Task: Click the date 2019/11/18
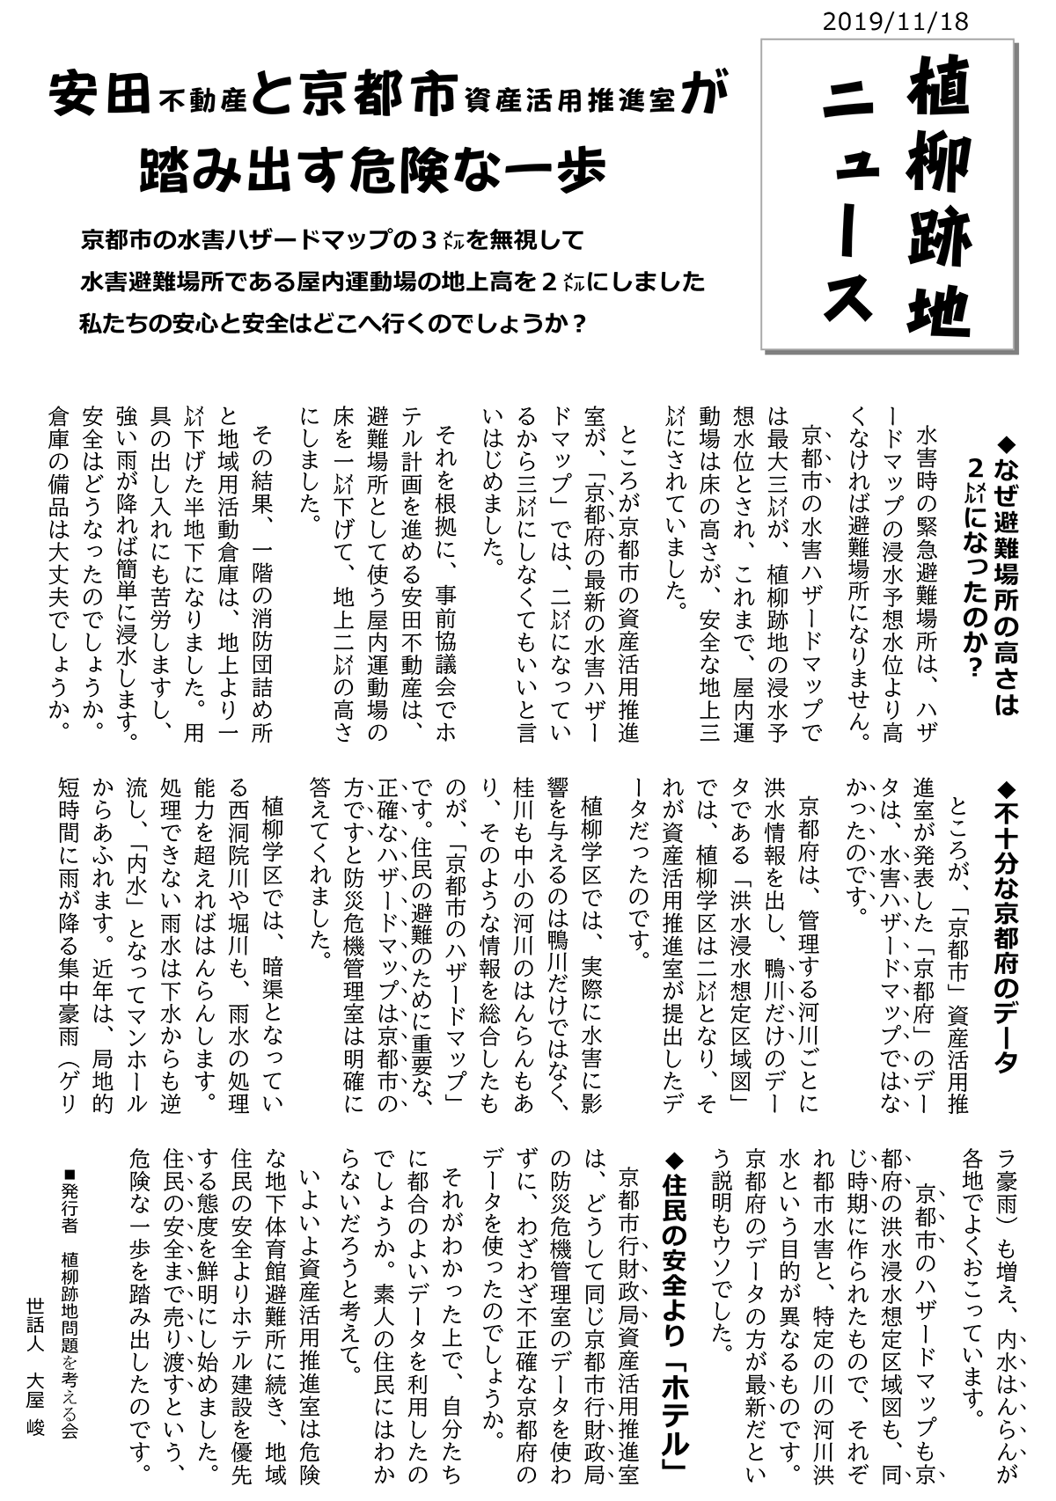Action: point(895,22)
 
